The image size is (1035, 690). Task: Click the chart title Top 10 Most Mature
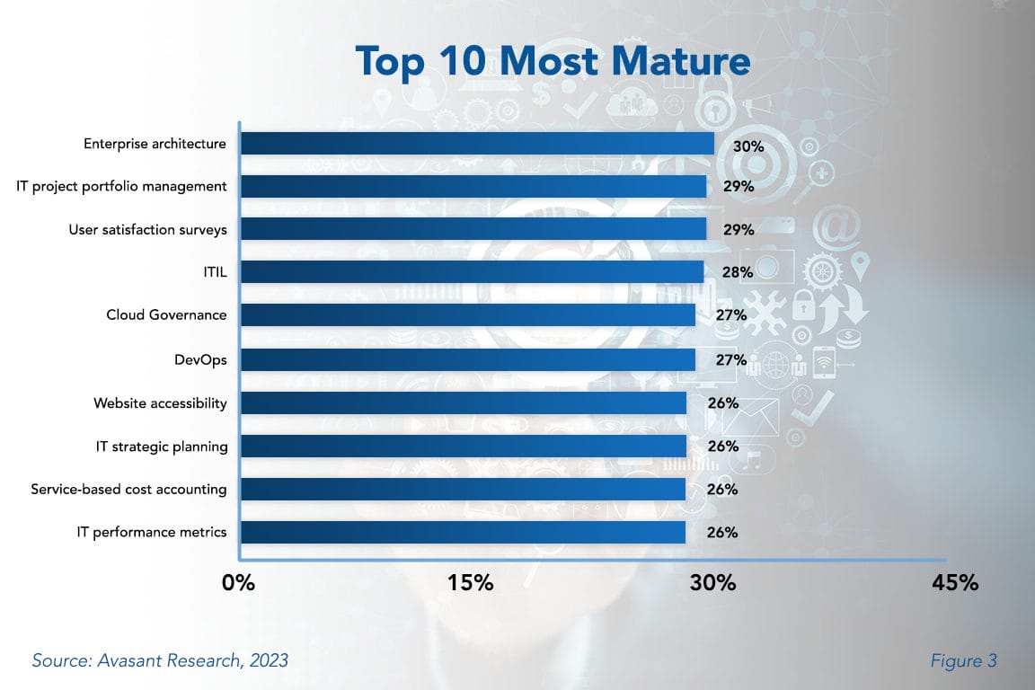[553, 61]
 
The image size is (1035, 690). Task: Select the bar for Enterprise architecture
[477, 144]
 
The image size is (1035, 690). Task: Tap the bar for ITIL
[472, 272]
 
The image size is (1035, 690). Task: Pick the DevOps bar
[467, 359]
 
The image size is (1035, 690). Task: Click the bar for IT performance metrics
[463, 532]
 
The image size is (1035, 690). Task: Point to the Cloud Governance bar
[467, 315]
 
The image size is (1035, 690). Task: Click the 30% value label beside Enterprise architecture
[747, 145]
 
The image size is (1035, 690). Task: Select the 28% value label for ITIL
[738, 272]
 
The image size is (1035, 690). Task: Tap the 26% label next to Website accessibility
[722, 402]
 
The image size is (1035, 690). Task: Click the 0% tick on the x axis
[239, 582]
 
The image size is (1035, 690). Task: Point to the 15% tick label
[471, 582]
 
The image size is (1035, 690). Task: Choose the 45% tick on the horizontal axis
[954, 582]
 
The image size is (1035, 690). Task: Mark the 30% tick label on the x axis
[713, 582]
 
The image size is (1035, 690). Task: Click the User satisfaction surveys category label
[148, 230]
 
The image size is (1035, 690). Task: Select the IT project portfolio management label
[122, 187]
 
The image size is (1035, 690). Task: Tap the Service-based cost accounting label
[128, 490]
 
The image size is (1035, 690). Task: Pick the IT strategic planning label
[162, 447]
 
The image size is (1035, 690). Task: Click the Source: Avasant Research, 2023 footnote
[160, 660]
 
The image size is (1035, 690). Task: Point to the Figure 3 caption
[964, 660]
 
